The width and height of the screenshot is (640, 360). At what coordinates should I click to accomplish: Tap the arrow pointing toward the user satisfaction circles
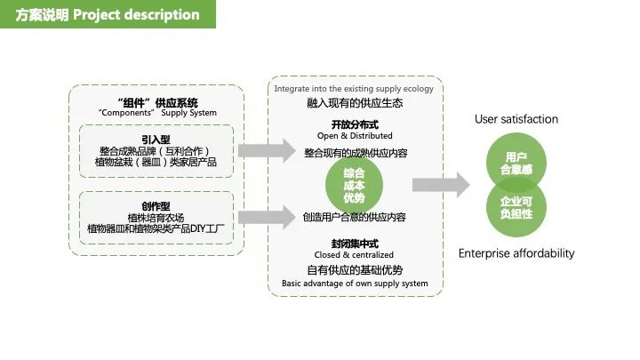click(x=440, y=185)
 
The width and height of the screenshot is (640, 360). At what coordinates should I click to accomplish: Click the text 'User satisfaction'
click(x=516, y=119)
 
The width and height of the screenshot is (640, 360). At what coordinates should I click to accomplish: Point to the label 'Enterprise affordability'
click(x=516, y=253)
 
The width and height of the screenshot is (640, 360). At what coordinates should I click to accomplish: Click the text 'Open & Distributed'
click(x=355, y=136)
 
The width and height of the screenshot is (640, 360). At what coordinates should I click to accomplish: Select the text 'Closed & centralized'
click(x=355, y=255)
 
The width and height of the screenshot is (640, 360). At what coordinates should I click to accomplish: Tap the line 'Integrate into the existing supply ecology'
click(x=354, y=89)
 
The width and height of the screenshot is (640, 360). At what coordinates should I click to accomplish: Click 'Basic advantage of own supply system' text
click(x=355, y=284)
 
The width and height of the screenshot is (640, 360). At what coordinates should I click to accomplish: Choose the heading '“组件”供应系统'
click(x=157, y=102)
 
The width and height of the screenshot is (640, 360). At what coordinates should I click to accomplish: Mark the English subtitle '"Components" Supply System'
click(x=157, y=113)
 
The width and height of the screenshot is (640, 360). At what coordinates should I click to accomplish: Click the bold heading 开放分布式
click(x=355, y=124)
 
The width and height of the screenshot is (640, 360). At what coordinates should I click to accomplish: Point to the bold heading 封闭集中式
click(x=355, y=243)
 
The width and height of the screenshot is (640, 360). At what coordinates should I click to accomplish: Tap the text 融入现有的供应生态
click(x=355, y=103)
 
